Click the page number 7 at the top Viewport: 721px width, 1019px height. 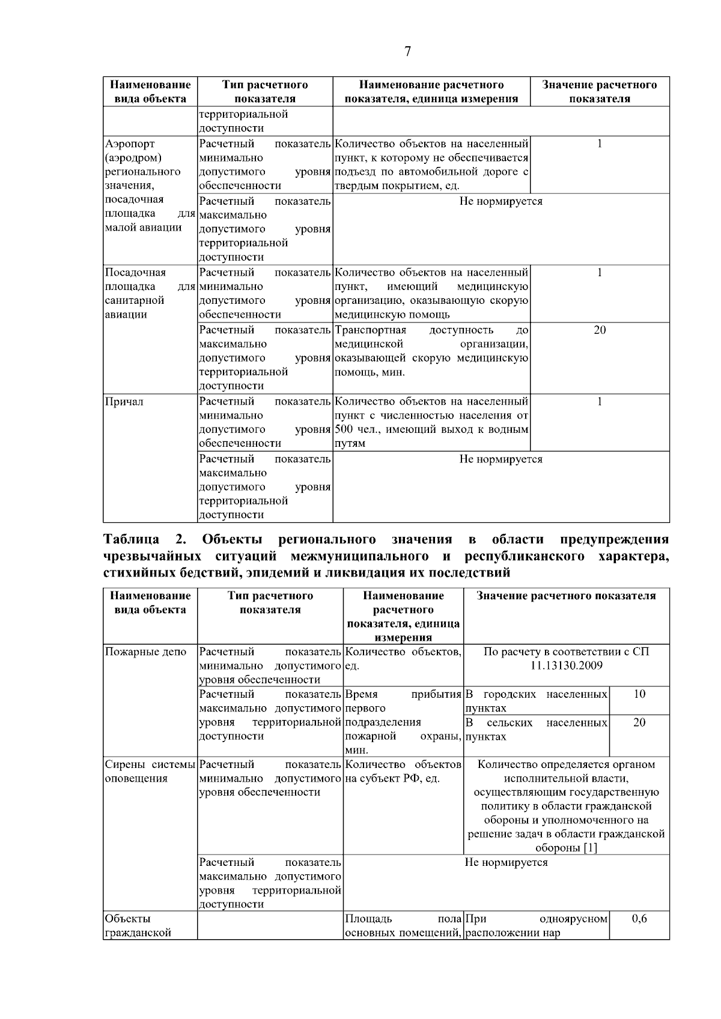tap(408, 52)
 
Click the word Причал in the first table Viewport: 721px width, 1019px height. tap(124, 402)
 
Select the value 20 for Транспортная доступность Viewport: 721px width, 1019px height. tap(600, 330)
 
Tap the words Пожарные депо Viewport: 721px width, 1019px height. tap(145, 652)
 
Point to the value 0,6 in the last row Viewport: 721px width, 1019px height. tap(639, 919)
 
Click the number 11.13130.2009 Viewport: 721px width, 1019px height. tap(567, 665)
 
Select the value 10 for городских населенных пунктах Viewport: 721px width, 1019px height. tap(639, 694)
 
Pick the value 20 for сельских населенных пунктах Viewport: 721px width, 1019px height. tap(639, 722)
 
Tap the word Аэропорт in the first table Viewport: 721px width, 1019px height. tap(130, 144)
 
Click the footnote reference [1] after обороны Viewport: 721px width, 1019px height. tap(589, 848)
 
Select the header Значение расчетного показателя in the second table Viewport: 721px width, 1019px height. tap(566, 596)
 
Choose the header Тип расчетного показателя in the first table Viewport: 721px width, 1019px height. tap(265, 91)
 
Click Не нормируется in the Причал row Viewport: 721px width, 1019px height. tap(500, 459)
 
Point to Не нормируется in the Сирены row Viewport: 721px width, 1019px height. tap(506, 862)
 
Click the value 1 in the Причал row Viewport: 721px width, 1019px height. tap(600, 402)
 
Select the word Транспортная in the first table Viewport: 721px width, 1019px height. tap(370, 330)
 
